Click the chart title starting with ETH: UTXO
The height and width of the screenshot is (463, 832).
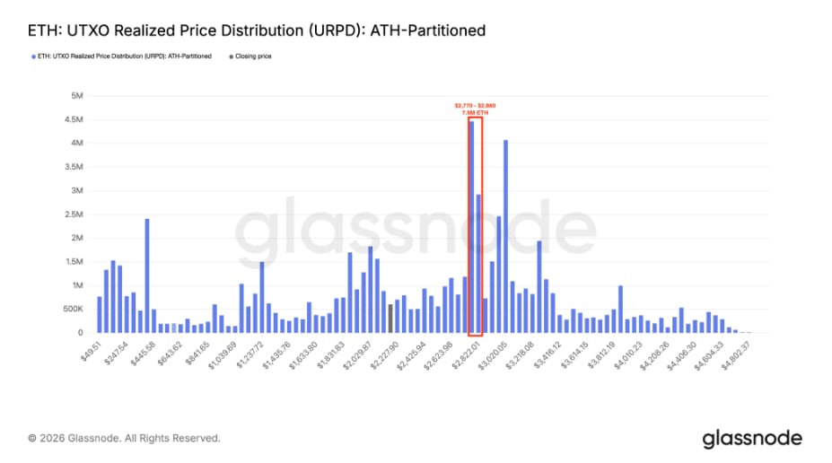pos(257,31)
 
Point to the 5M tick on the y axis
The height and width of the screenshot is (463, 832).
pos(77,95)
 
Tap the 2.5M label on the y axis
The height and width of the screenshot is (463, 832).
pos(74,214)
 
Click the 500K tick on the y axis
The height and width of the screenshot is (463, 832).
pos(73,310)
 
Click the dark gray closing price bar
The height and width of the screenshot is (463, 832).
pos(390,319)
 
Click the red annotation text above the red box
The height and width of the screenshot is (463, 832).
pos(475,109)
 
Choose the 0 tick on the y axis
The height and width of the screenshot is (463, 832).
pos(81,333)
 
